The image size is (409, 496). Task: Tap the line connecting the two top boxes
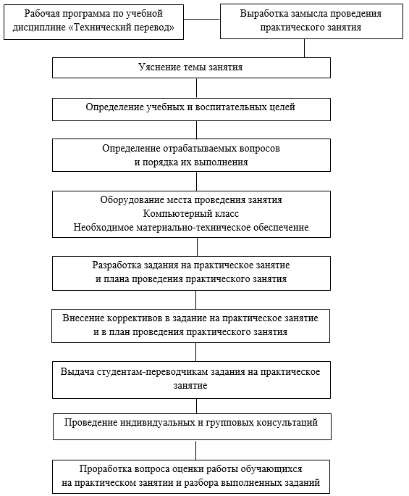[202, 19]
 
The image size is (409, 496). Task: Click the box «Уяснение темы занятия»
[191, 67]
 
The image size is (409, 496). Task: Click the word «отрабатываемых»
[198, 149]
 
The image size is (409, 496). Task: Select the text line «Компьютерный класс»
[191, 213]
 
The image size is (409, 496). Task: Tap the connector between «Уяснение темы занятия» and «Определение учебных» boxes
[196, 88]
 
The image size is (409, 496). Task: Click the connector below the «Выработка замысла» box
[305, 48]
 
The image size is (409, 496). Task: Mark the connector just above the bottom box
[196, 450]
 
